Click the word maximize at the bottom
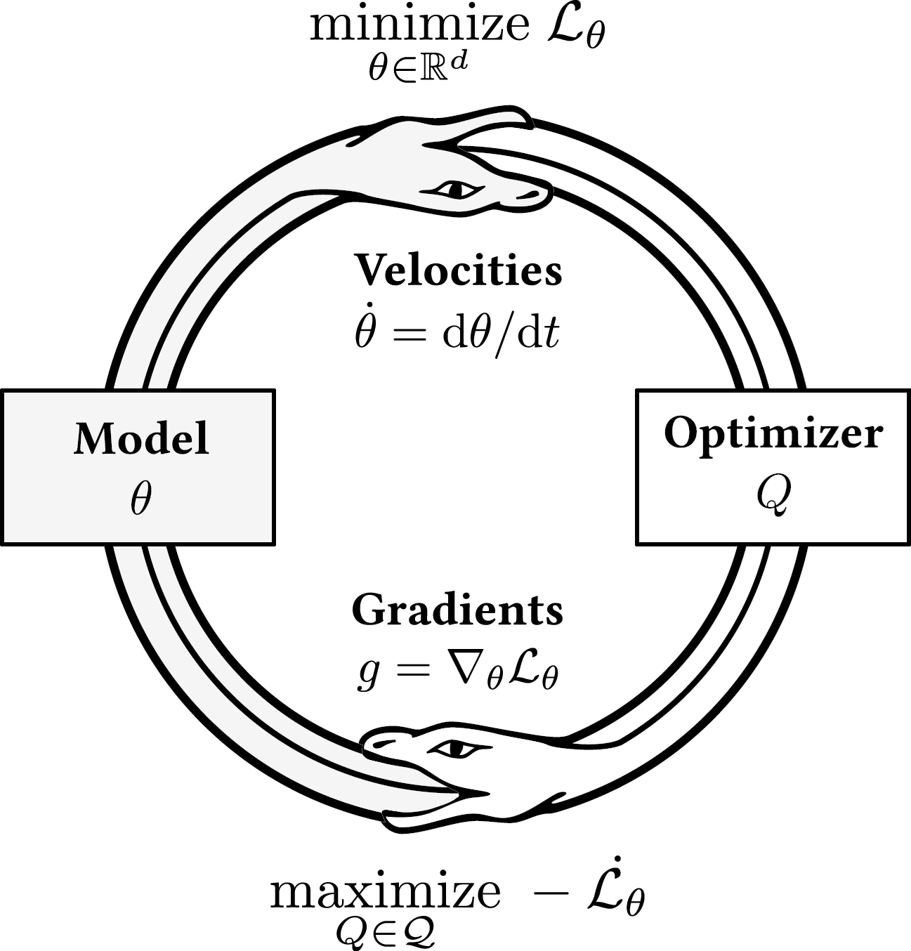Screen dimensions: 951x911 tap(386, 892)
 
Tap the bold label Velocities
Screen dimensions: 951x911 tap(458, 270)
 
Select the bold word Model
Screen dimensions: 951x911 tap(141, 438)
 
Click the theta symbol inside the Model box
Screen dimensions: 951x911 tap(140, 499)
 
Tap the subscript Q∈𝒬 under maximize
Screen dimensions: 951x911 tap(385, 931)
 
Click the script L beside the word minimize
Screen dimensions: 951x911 tap(573, 28)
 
